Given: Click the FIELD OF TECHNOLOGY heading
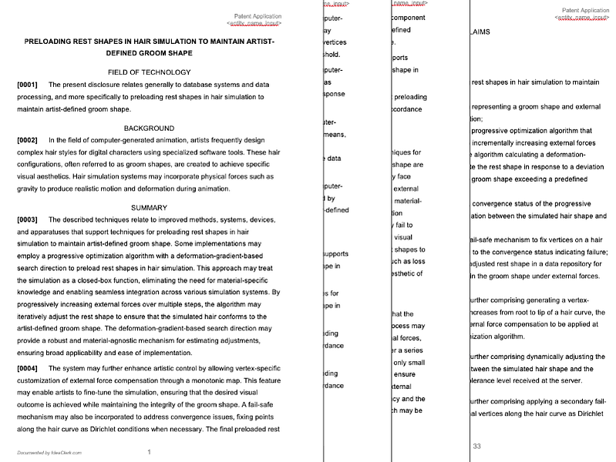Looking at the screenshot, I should coord(150,72).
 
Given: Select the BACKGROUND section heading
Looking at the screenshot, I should coord(149,128).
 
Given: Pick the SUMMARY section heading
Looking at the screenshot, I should coord(149,207).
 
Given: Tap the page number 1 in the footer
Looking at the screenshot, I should coord(149,452).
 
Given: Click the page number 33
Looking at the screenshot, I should coord(477,447).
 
